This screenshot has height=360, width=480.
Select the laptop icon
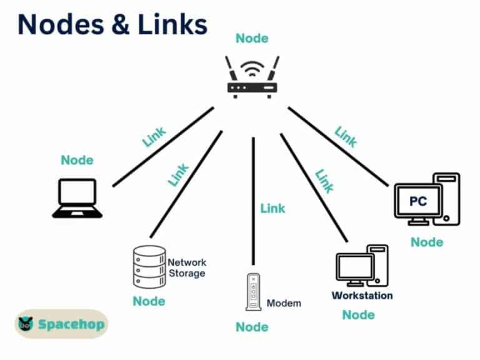pyautogui.click(x=77, y=198)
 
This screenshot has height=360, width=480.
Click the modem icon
pyautogui.click(x=252, y=292)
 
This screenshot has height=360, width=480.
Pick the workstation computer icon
pyautogui.click(x=361, y=266)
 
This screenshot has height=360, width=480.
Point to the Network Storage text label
pyautogui.click(x=187, y=267)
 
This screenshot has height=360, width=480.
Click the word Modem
pyautogui.click(x=284, y=303)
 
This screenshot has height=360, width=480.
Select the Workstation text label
pyautogui.click(x=362, y=295)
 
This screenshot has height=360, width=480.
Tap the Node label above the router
pyautogui.click(x=252, y=39)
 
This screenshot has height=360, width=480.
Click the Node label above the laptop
pyautogui.click(x=77, y=160)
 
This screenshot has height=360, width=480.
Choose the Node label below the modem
pyautogui.click(x=252, y=327)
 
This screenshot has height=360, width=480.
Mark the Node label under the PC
pyautogui.click(x=427, y=242)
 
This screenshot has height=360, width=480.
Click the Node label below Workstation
pyautogui.click(x=358, y=314)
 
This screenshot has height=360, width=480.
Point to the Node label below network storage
pyautogui.click(x=149, y=301)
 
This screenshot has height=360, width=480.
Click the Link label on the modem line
pyautogui.click(x=272, y=208)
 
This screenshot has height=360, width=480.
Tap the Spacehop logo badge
pyautogui.click(x=61, y=324)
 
